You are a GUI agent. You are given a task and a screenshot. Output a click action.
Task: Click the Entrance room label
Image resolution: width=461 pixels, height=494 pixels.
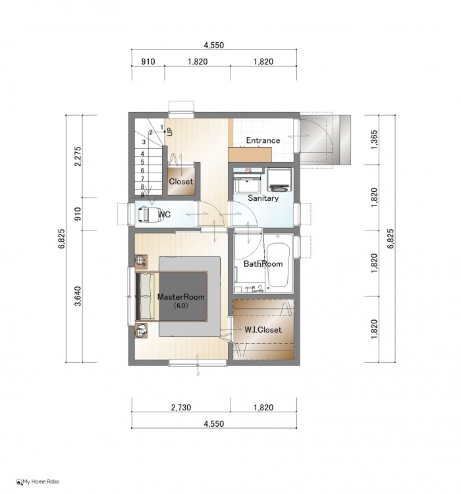263,140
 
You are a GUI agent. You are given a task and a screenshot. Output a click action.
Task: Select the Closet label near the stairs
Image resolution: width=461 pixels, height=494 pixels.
181,182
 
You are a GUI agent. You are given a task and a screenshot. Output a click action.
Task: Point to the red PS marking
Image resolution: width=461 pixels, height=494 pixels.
248,170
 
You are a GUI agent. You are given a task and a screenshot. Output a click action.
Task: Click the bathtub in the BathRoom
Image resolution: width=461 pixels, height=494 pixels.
278,265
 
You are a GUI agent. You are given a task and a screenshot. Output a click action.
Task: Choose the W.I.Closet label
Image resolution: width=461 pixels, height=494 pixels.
263,329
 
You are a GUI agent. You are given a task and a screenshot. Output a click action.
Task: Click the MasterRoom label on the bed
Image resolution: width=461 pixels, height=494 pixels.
180,297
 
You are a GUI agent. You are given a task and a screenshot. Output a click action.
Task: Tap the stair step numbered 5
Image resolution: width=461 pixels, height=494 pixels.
142,162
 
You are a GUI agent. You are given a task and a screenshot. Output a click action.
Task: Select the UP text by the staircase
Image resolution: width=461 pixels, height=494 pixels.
170,131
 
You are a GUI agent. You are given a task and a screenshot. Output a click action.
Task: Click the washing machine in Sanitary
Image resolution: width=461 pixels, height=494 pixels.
279,180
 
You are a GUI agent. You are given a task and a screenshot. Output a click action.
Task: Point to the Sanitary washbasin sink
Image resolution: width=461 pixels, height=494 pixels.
248,183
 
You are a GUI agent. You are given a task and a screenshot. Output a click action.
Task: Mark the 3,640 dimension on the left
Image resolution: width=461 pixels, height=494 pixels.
78,296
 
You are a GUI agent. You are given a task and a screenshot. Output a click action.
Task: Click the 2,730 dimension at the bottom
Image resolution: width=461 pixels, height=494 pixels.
181,407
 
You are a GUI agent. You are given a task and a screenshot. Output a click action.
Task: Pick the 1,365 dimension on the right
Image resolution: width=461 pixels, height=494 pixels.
374,140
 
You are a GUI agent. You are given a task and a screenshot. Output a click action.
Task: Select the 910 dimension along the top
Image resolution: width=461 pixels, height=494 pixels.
148,61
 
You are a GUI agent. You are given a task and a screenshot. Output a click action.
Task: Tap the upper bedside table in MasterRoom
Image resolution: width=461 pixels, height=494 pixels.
141,261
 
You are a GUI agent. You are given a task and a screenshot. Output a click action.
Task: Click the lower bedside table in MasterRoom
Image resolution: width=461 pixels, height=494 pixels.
141,331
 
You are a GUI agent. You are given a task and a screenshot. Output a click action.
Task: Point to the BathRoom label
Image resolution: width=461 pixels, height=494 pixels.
263,263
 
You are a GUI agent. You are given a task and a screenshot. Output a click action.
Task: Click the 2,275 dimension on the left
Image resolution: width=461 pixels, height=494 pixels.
78,156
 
